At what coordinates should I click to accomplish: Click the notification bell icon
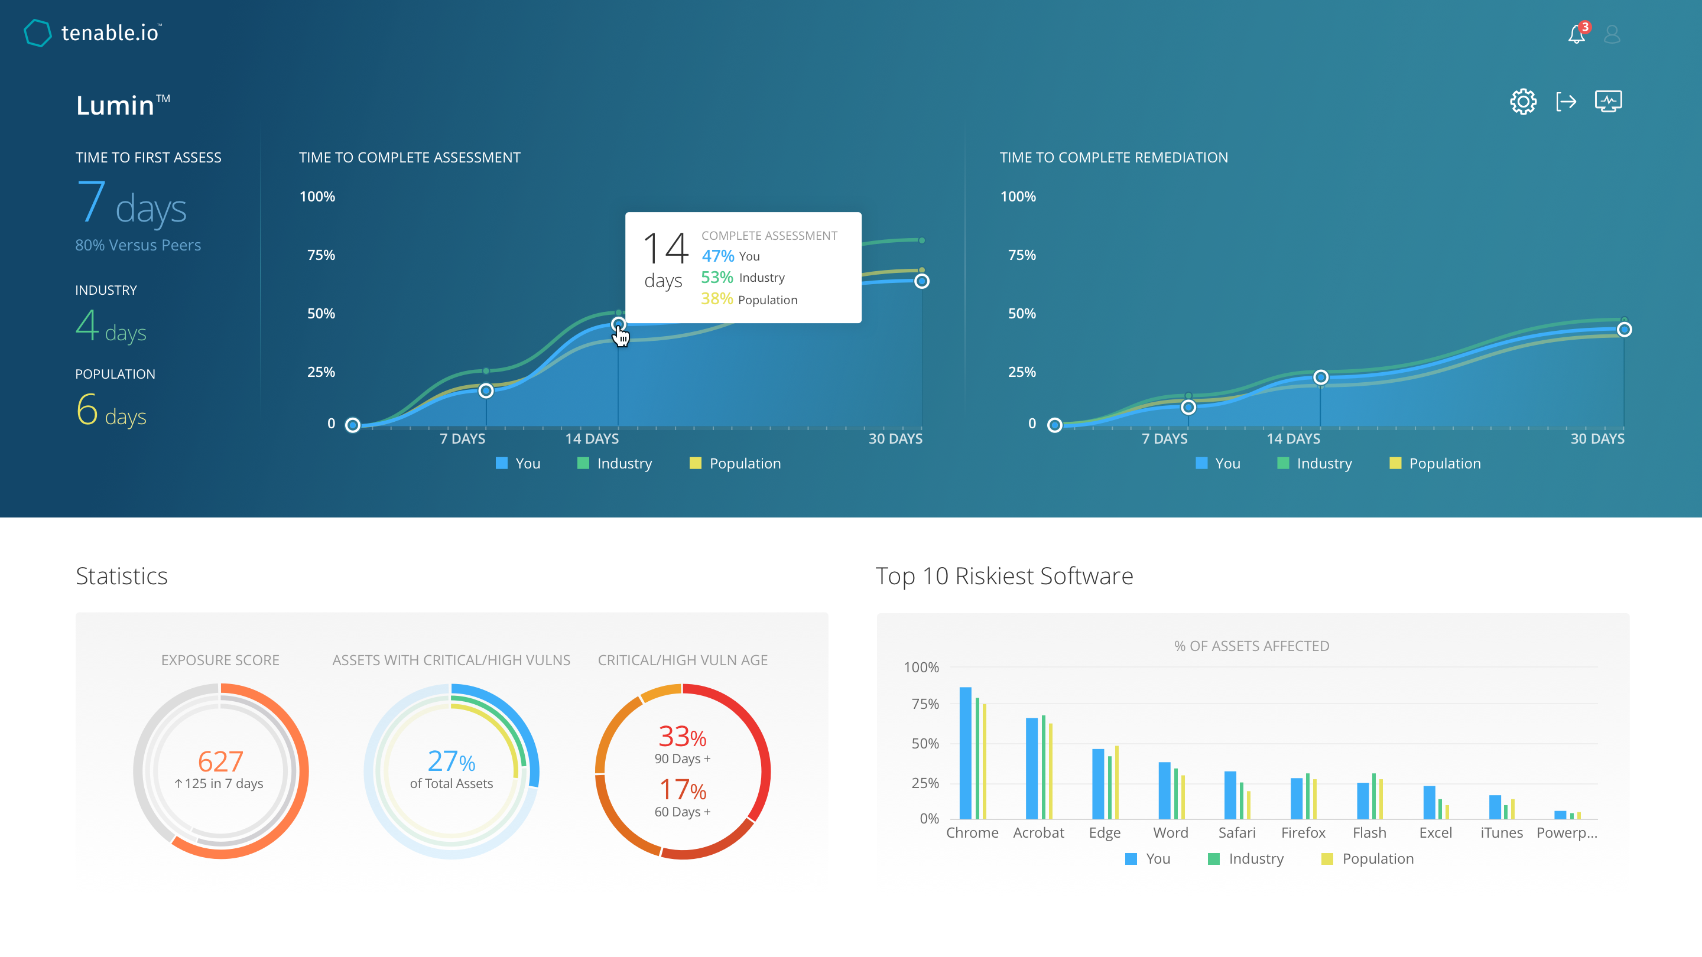pos(1577,34)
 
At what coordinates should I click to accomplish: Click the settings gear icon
pos(1523,102)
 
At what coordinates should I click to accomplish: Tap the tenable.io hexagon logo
pos(38,33)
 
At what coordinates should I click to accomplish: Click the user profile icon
pos(1612,34)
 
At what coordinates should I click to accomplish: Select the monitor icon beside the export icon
pos(1608,102)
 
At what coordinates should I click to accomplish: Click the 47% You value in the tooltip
pos(717,256)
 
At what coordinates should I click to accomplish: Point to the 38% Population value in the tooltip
pos(717,299)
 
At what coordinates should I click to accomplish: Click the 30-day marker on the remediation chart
pos(1624,330)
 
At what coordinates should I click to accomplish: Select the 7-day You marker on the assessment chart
pos(486,391)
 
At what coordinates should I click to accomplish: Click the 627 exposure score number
pos(220,761)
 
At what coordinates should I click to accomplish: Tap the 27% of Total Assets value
pos(452,762)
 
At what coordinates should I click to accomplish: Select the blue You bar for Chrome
pos(965,753)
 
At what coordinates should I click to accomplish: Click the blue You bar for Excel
pos(1429,802)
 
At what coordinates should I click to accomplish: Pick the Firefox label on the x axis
pos(1303,833)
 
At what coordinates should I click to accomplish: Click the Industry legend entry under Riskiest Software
pos(1246,858)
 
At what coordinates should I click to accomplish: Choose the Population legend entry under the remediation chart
pos(1435,464)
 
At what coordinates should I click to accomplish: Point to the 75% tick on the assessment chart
pos(321,255)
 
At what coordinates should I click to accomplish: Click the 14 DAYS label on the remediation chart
pos(1293,438)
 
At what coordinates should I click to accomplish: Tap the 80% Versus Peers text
pos(138,245)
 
